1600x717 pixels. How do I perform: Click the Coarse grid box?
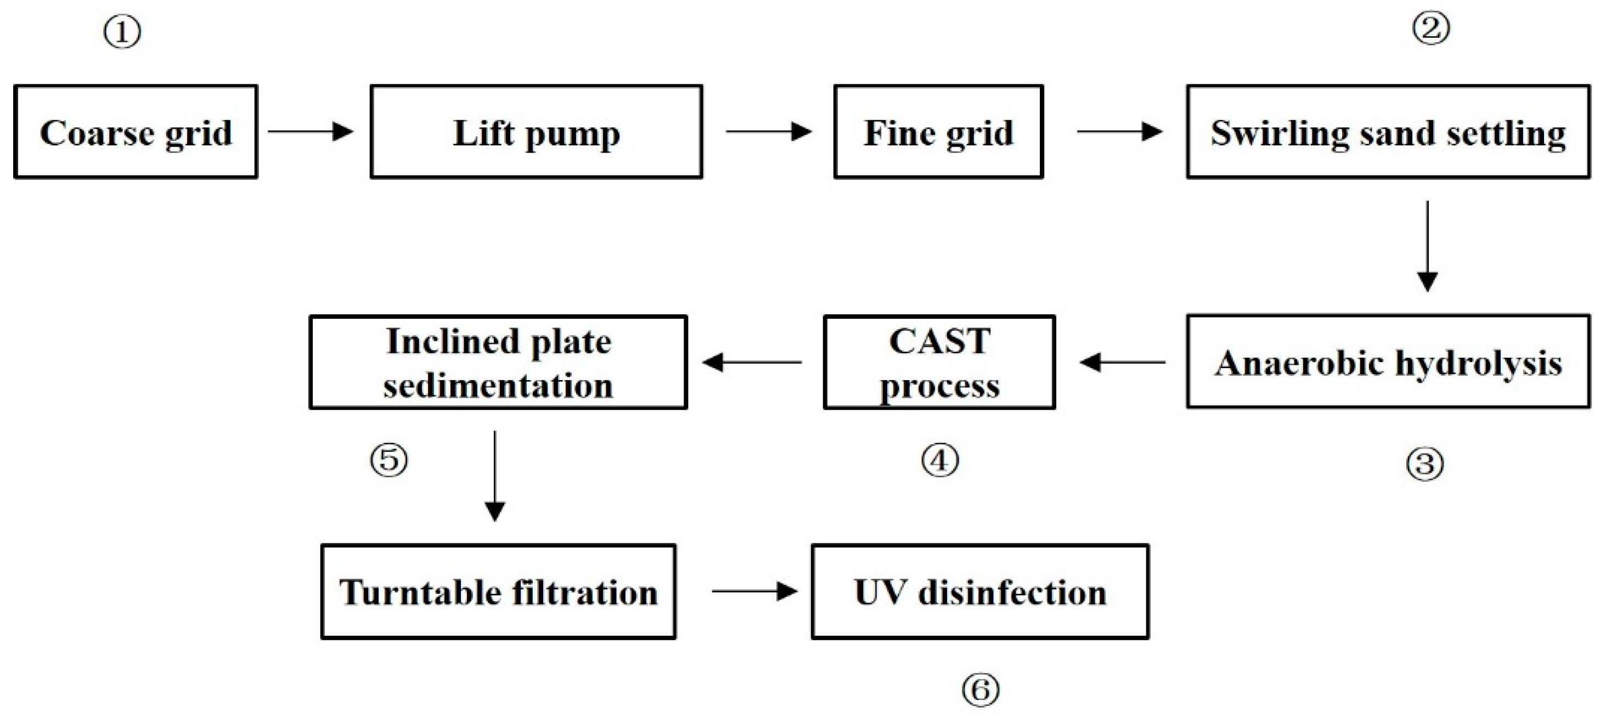tap(136, 132)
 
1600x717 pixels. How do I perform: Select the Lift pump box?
tap(537, 132)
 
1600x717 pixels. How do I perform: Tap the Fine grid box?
tap(938, 132)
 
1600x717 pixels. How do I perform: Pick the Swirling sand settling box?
tap(1388, 132)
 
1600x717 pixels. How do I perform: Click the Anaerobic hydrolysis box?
tap(1388, 362)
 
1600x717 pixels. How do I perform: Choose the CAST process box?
tap(939, 362)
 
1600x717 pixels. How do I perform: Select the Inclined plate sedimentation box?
tap(498, 362)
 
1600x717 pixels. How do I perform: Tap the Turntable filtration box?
tap(498, 591)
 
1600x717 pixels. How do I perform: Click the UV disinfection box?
tap(980, 591)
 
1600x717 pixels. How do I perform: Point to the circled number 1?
tap(122, 32)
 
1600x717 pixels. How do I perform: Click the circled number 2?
tap(1431, 28)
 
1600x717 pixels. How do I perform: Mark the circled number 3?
tap(1425, 464)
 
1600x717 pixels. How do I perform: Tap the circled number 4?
tap(940, 460)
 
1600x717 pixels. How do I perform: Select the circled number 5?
tap(389, 460)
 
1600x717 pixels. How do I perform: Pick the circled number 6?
tap(981, 690)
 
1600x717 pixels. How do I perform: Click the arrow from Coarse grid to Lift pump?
tap(311, 132)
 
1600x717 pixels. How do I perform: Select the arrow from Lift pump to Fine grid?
tap(769, 132)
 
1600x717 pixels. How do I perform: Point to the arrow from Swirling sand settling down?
tap(1427, 246)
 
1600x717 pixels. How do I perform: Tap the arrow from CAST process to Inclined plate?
tap(752, 362)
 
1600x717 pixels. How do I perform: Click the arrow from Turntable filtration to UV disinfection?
tap(754, 591)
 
